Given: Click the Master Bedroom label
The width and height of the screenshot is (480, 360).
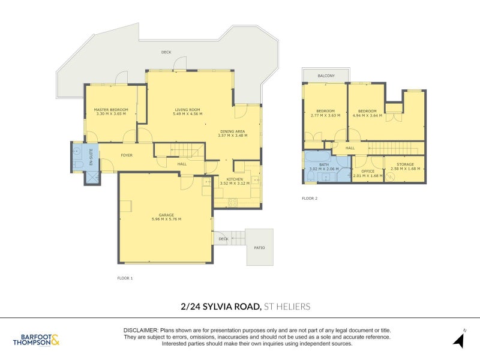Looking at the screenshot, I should (111, 110).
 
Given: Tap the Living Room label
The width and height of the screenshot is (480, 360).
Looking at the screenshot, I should (187, 110).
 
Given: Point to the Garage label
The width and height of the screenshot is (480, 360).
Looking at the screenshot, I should (166, 215).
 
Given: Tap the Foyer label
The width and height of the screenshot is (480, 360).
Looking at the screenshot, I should (127, 155).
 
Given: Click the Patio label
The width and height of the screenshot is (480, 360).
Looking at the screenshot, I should (259, 247).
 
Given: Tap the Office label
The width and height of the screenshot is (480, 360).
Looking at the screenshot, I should (367, 171).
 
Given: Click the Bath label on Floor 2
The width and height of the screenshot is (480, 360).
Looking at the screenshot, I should (324, 164).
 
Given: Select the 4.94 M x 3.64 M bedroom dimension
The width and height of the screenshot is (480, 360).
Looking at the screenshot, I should (367, 115).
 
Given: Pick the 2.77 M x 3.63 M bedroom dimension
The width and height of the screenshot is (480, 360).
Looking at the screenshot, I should (325, 115).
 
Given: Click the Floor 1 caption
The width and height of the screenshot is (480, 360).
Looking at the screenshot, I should (125, 278).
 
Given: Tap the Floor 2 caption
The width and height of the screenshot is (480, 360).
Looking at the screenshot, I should (310, 198).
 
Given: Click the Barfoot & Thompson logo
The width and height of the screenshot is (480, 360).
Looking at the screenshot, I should (36, 340).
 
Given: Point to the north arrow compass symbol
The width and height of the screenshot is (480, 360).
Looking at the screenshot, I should (459, 340).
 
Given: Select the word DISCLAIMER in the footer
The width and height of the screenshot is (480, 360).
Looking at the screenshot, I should (140, 331).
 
